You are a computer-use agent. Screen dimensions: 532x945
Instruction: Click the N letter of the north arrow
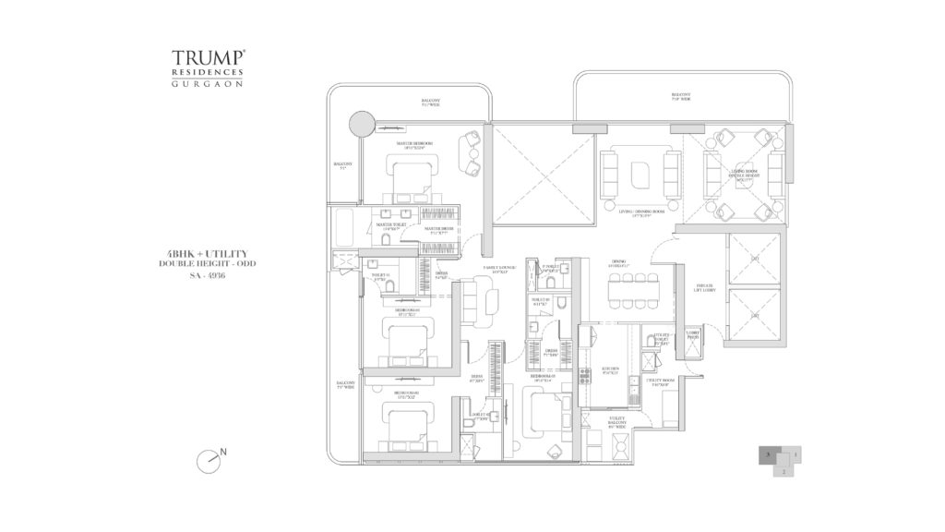[224, 451]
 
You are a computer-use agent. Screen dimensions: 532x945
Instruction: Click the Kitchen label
[610, 369]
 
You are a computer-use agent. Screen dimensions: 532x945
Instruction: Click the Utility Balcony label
[617, 423]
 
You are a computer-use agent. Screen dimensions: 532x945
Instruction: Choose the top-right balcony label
[681, 97]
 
